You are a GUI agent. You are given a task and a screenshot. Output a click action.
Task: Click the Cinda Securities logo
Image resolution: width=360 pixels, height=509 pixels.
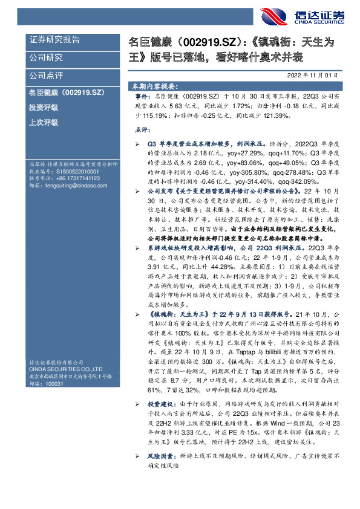point(302,16)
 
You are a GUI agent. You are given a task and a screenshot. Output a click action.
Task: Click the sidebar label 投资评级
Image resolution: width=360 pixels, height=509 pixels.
point(44,107)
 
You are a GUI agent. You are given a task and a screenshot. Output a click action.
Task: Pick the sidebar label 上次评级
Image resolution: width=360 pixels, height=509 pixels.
point(44,122)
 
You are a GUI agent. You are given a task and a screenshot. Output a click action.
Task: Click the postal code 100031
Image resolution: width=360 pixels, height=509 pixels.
point(54,383)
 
